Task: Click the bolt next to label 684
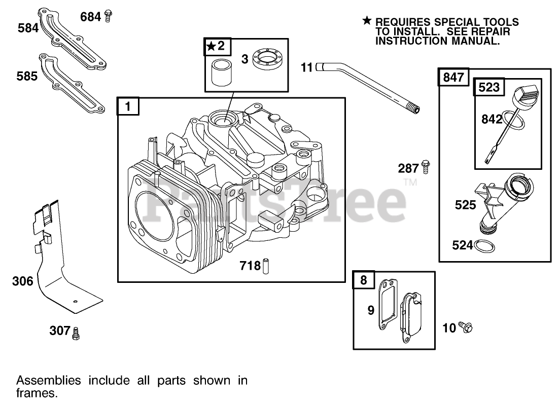108,16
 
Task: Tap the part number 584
28,28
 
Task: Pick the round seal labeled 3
268,61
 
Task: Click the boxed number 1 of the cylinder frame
128,106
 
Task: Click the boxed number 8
363,280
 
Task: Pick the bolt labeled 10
465,327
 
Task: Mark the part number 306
22,281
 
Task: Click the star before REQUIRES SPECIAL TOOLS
367,21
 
